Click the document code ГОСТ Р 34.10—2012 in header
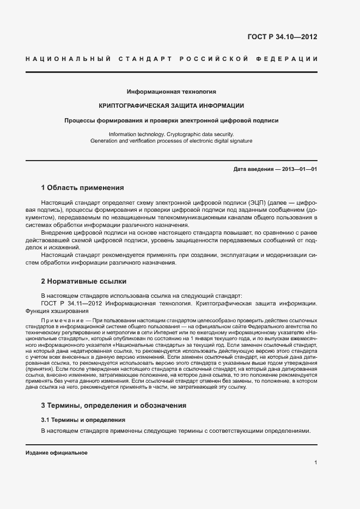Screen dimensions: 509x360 282,37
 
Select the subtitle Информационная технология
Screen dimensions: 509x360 171,91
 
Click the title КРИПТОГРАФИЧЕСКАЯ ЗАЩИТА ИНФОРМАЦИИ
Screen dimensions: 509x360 171,106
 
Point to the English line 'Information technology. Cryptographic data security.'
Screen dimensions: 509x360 171,134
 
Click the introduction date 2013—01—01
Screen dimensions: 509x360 300,169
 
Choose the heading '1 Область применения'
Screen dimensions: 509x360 82,188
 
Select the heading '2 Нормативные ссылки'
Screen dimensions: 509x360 83,281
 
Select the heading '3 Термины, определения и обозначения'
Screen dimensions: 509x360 114,405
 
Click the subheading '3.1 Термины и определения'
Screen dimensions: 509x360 83,420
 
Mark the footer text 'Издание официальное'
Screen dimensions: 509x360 57,453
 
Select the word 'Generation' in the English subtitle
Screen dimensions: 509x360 104,140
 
